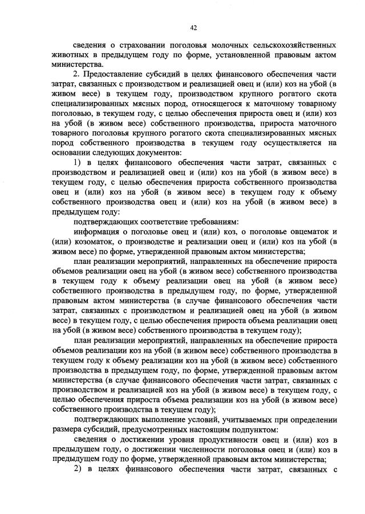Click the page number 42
(x=193, y=27)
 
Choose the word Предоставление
(x=113, y=74)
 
